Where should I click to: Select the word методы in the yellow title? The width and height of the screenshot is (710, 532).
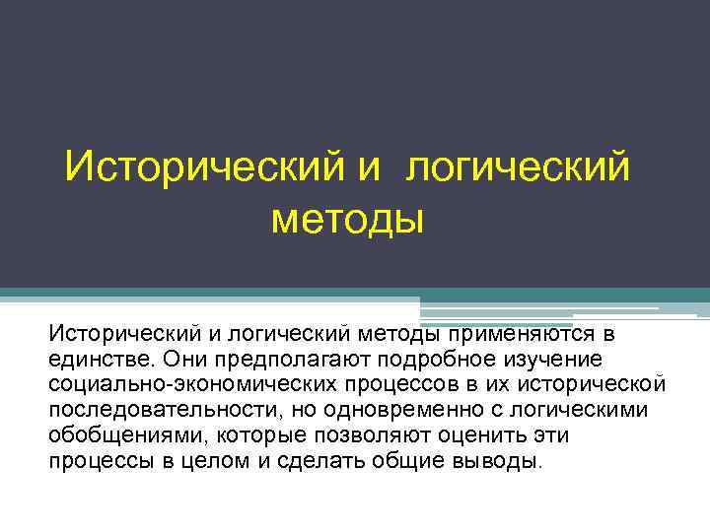pyautogui.click(x=347, y=216)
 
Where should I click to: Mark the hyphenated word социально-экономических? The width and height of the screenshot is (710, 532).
pyautogui.click(x=174, y=384)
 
